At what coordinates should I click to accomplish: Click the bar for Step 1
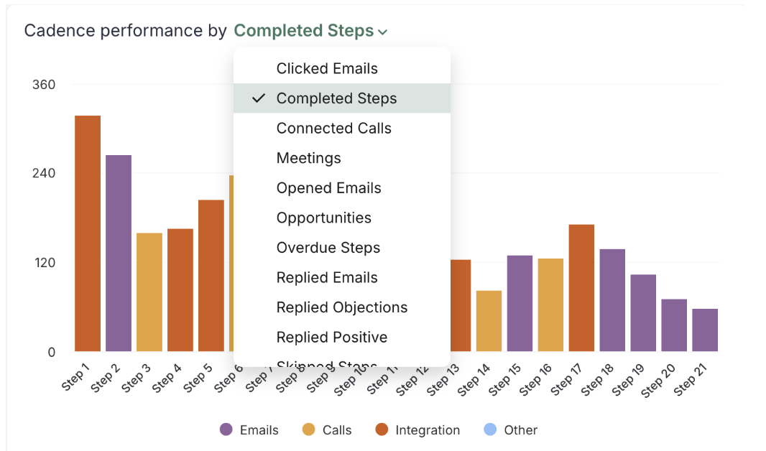(x=88, y=233)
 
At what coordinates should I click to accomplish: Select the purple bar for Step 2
(x=119, y=253)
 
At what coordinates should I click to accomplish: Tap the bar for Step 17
(x=581, y=288)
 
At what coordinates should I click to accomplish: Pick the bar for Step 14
(x=489, y=321)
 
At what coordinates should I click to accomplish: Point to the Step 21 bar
(x=705, y=330)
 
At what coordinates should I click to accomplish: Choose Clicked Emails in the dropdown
(x=327, y=69)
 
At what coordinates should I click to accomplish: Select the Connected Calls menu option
(x=333, y=129)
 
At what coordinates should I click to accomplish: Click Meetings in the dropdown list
(x=308, y=158)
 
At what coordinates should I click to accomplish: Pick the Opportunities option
(x=323, y=218)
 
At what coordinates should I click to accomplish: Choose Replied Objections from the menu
(x=341, y=307)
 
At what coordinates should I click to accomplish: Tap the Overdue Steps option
(x=328, y=248)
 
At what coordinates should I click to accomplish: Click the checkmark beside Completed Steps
(x=259, y=98)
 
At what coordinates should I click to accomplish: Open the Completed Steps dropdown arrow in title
(x=383, y=32)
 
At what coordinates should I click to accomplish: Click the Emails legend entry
(x=249, y=430)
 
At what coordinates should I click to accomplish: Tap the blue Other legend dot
(x=488, y=429)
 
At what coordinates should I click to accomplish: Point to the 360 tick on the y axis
(x=43, y=85)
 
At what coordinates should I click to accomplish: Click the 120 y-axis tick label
(x=43, y=263)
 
